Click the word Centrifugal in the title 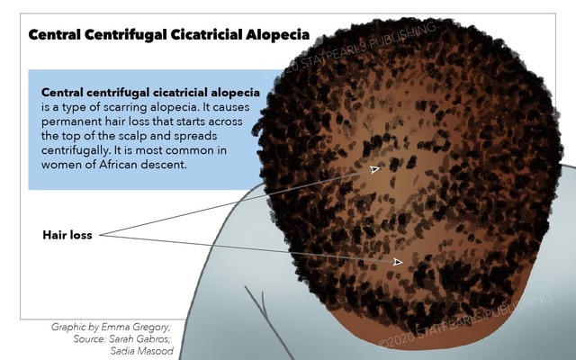(125, 34)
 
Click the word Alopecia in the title (277, 34)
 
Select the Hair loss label (67, 235)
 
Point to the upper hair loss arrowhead (375, 169)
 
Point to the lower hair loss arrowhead (398, 262)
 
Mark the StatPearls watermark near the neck (465, 320)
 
